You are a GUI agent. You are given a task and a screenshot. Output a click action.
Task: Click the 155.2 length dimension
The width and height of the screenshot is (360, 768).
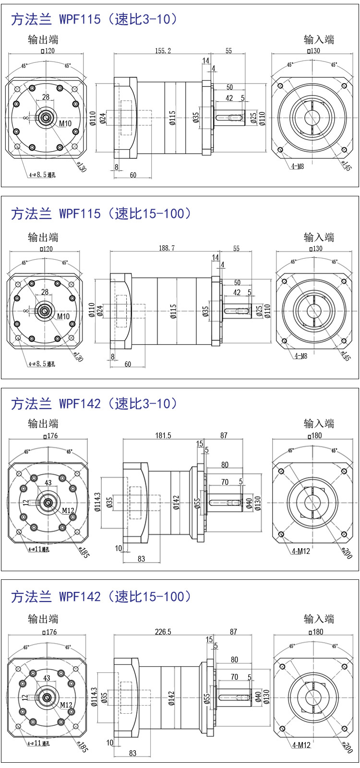pyautogui.click(x=163, y=50)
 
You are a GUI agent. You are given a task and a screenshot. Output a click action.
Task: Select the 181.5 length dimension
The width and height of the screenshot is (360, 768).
pyautogui.click(x=163, y=435)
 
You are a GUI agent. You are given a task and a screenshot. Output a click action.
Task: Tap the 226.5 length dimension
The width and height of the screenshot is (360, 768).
pyautogui.click(x=163, y=632)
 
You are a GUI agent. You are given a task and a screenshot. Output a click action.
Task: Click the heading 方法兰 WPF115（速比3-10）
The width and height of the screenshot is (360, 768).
pyautogui.click(x=94, y=19)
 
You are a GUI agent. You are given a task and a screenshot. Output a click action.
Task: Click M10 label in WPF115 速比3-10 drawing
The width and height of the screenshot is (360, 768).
pyautogui.click(x=65, y=123)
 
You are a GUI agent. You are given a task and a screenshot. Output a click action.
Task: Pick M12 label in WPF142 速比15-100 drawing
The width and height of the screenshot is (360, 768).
pyautogui.click(x=66, y=705)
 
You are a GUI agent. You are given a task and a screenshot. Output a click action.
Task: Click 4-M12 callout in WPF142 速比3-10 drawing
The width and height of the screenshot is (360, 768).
pyautogui.click(x=301, y=551)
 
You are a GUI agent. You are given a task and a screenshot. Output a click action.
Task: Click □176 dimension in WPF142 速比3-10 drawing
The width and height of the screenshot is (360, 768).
pyautogui.click(x=50, y=436)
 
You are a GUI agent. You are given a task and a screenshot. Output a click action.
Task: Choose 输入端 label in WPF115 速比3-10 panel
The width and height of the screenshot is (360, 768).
pyautogui.click(x=319, y=40)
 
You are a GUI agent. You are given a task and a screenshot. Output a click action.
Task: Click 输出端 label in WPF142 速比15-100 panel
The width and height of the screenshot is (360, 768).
pyautogui.click(x=43, y=619)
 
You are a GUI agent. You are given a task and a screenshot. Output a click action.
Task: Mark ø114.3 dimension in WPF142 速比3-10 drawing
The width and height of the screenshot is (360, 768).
pyautogui.click(x=98, y=501)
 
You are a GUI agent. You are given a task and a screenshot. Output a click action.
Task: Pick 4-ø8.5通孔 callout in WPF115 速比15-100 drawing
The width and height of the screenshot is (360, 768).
pyautogui.click(x=41, y=364)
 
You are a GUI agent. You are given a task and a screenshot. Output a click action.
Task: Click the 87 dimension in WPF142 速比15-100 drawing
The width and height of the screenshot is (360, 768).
pyautogui.click(x=233, y=632)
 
